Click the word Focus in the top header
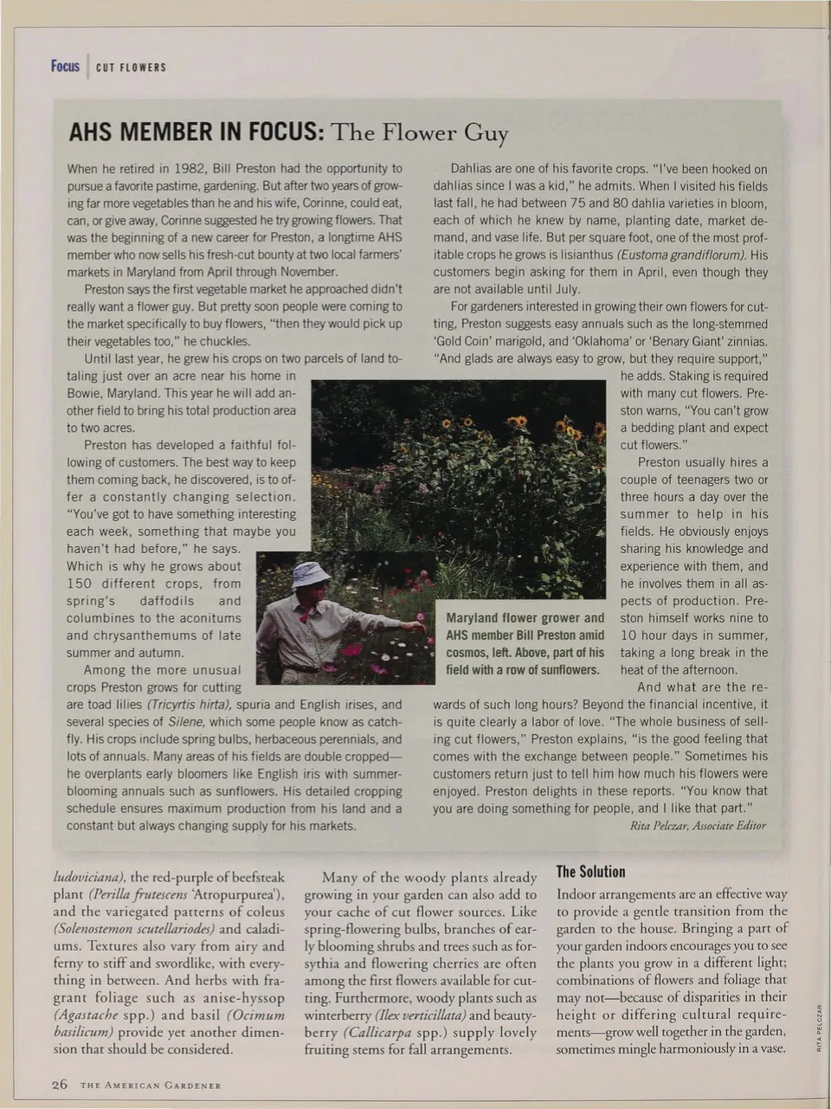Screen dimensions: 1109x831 click(65, 67)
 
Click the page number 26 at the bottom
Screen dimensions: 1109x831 click(59, 1085)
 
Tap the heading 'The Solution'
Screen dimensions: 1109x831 click(590, 872)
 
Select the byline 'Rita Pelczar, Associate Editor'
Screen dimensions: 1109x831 click(699, 826)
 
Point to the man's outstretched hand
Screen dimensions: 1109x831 click(417, 628)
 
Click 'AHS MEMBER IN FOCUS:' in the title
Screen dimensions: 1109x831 click(196, 132)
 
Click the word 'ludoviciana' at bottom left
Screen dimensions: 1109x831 click(90, 877)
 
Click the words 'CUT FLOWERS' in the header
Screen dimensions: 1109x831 click(131, 68)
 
